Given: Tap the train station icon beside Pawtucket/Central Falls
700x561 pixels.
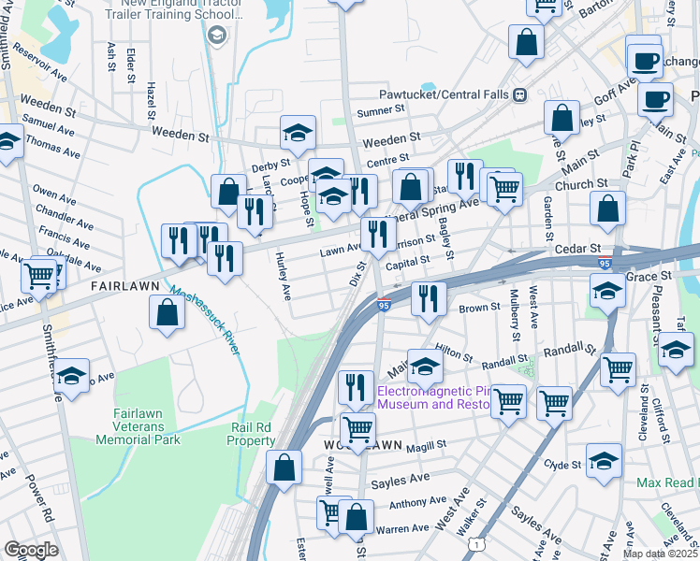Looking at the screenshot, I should [x=519, y=94].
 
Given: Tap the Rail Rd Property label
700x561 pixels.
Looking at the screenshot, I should [x=252, y=434].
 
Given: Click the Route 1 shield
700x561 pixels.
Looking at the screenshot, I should [x=478, y=543].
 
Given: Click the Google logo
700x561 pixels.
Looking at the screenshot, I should [x=31, y=550].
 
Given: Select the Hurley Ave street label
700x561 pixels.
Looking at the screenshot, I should [x=281, y=280].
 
